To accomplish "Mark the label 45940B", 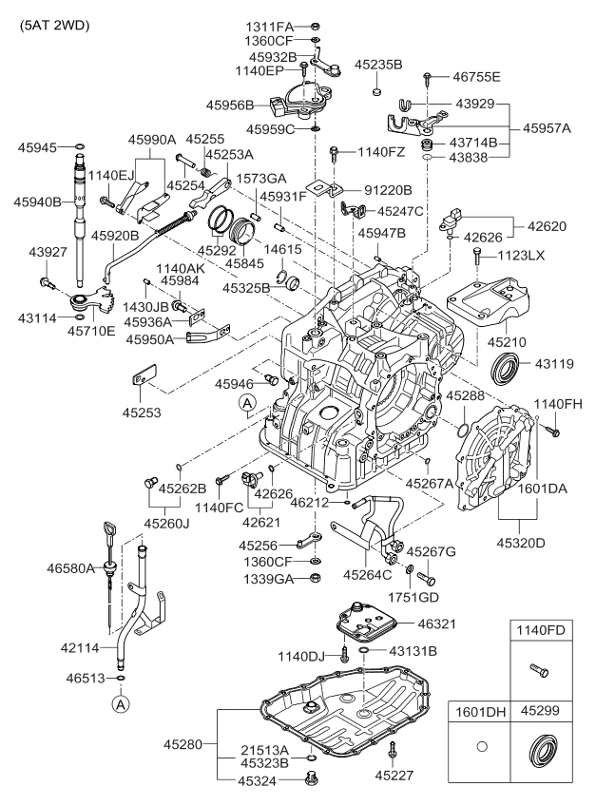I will pos(38,201).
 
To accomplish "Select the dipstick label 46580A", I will pos(71,568).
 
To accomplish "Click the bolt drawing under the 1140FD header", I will pos(539,671).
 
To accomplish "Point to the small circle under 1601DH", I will pos(480,749).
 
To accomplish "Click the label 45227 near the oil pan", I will pos(394,776).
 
